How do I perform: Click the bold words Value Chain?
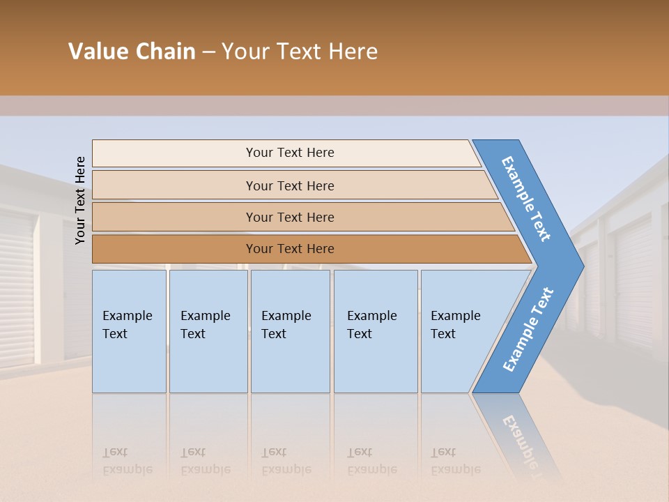[x=132, y=52]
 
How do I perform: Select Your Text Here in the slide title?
[x=300, y=52]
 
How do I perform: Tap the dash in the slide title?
[x=208, y=52]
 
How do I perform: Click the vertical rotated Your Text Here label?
[x=80, y=200]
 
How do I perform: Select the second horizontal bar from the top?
[x=290, y=185]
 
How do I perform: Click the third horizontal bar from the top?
[x=290, y=217]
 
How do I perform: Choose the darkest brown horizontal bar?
[x=290, y=249]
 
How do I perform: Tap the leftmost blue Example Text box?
[x=129, y=330]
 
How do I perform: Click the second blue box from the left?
[x=208, y=330]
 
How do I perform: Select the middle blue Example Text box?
[x=290, y=330]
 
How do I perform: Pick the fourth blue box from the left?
[x=375, y=330]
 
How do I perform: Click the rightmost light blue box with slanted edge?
[x=460, y=330]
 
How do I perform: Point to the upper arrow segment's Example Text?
[x=526, y=199]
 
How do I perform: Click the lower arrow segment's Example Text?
[x=528, y=329]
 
